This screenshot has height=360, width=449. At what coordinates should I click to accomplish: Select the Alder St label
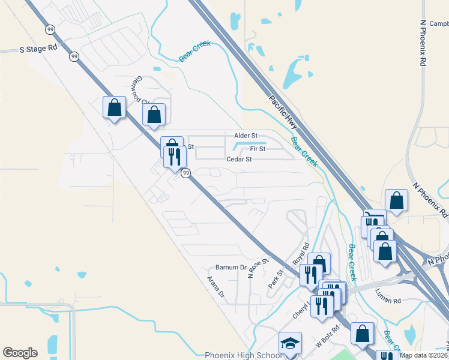(x=246, y=136)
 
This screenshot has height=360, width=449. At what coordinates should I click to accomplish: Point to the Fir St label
(x=258, y=148)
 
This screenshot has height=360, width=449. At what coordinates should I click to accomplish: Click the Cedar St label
(x=238, y=160)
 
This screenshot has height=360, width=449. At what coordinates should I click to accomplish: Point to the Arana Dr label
(x=215, y=287)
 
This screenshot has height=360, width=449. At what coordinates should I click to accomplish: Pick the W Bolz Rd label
(x=328, y=337)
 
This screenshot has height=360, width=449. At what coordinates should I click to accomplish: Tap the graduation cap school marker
(x=291, y=344)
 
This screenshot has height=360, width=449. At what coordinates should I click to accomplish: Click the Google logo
(x=20, y=353)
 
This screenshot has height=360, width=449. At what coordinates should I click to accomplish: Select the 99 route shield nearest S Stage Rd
(x=74, y=56)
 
